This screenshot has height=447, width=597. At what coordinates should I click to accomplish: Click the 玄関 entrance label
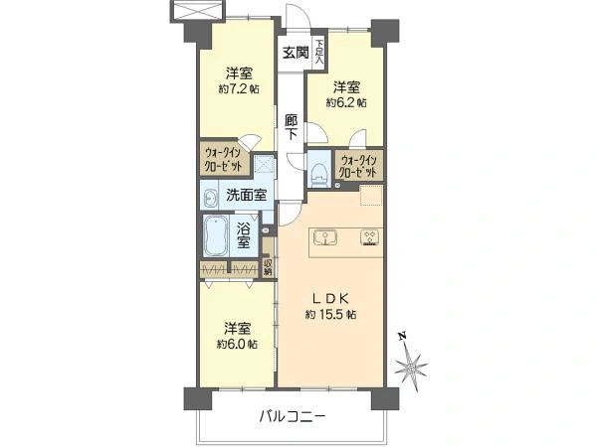click(x=294, y=53)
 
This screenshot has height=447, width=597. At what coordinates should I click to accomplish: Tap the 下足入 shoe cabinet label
click(x=318, y=52)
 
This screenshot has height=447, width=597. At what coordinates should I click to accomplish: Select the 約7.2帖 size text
click(x=238, y=88)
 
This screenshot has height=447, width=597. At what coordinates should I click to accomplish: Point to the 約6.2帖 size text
click(x=348, y=101)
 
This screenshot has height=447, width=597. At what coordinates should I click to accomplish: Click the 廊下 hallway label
click(x=291, y=128)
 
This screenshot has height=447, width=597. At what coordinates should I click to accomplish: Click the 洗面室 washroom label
click(x=245, y=195)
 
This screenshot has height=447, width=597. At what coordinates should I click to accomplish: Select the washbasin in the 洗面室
click(x=213, y=198)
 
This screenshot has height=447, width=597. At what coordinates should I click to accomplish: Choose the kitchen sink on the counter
click(x=326, y=237)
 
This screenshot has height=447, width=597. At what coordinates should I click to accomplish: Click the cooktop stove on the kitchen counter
click(x=367, y=237)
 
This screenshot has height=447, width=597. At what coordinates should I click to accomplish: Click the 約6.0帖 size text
click(x=237, y=344)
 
